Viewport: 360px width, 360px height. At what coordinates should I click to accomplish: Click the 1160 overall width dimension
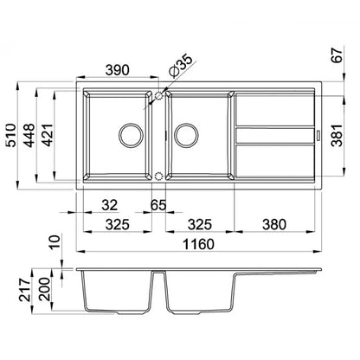tap(199, 244)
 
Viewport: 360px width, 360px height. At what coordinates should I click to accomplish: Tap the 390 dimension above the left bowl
tap(117, 70)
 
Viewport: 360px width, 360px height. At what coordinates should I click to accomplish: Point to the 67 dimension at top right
tap(337, 55)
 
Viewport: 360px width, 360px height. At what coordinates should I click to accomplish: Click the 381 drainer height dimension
tap(337, 135)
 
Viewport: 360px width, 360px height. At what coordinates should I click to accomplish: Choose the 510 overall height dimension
tap(11, 135)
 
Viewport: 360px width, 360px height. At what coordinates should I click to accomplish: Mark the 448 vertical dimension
tap(29, 135)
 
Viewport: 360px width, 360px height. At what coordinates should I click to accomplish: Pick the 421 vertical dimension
tap(47, 135)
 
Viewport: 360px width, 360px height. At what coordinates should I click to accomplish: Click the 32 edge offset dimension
tap(110, 205)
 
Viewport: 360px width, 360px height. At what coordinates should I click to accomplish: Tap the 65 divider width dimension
tap(158, 205)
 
